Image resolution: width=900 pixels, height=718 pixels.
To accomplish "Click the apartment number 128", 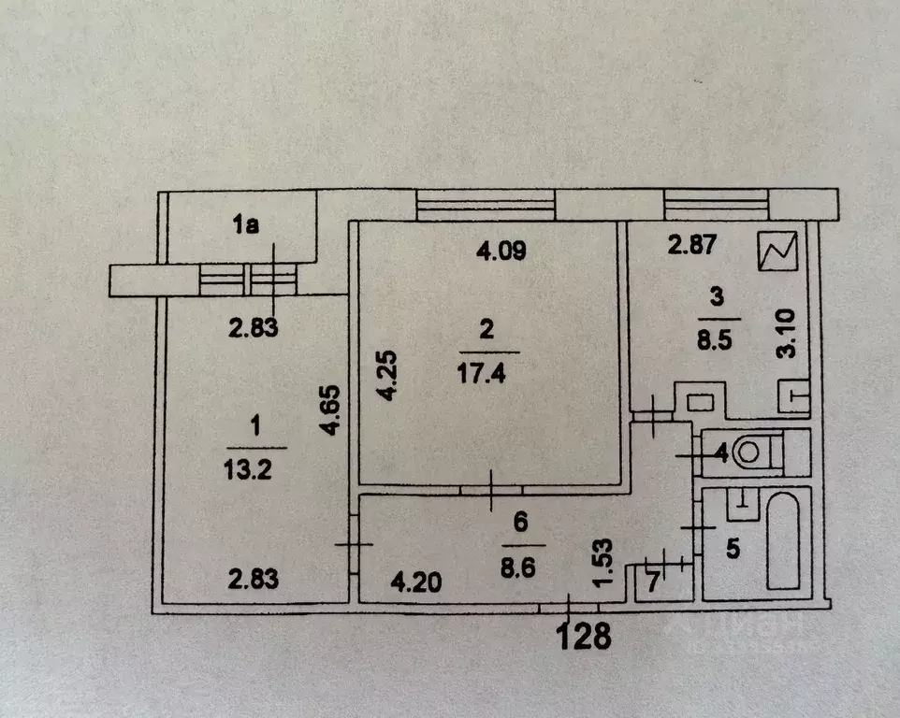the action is point(584,637).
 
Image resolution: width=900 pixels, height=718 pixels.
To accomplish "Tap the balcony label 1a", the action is point(246,224).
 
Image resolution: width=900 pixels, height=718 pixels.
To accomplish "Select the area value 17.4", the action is point(481,373).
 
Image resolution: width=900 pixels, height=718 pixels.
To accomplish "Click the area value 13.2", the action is point(247,470).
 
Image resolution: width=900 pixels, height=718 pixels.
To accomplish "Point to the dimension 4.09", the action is point(501,251).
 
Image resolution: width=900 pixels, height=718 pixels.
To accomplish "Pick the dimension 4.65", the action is point(330,410).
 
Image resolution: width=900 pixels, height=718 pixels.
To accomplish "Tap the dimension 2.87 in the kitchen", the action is point(691,244).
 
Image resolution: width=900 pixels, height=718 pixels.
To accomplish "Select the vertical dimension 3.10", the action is point(786,334).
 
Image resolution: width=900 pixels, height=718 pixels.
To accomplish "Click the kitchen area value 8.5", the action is point(715,340).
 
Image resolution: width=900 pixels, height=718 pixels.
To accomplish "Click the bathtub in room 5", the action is point(783,539).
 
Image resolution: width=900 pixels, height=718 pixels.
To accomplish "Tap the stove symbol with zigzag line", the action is point(777,251).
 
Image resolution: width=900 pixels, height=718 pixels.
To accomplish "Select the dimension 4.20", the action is point(416,583).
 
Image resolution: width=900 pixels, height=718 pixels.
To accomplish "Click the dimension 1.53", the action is point(602,563).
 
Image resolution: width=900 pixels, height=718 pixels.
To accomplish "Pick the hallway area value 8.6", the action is point(517,568).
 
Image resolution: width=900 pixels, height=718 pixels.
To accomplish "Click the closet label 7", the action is point(653,582).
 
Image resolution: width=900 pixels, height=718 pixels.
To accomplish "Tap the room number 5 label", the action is point(733,549).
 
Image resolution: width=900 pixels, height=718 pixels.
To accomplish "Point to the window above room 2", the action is point(486,205).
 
